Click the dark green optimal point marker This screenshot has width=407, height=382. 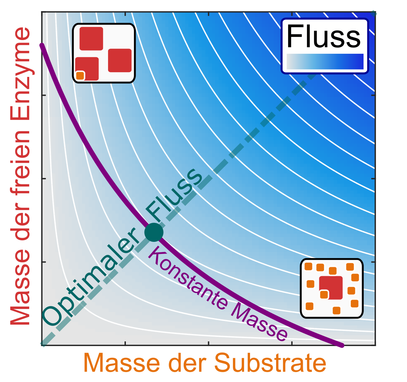[154, 232]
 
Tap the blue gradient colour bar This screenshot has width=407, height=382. [325, 61]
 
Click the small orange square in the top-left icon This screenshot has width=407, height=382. [80, 76]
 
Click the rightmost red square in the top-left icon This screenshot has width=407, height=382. [120, 60]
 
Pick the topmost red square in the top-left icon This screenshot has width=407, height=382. [91, 38]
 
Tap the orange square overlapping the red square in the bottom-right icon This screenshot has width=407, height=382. [324, 295]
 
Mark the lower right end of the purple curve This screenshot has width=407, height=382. [342, 345]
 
